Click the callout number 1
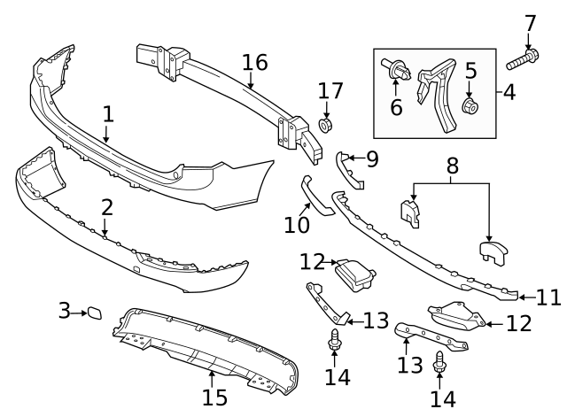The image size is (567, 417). coord(108,114)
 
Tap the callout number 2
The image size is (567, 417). coord(106,208)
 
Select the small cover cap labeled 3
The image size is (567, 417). coord(93,312)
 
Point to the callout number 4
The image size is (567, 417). coord(510,92)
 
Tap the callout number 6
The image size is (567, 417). coord(396,108)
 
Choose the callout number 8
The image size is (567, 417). coord(452,166)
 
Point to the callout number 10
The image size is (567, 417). coord(298,226)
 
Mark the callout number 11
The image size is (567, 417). coord(549,297)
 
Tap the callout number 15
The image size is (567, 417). coord(215,397)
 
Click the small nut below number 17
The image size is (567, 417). coord(327,125)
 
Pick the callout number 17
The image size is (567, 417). coord(330,90)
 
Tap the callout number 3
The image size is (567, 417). coord(64,311)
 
